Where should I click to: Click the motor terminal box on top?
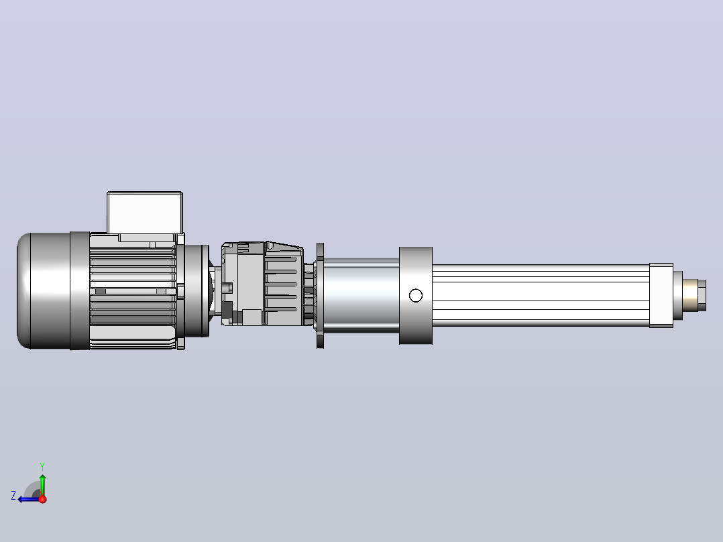145,212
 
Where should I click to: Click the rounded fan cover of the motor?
44,290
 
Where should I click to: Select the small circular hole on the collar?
415,295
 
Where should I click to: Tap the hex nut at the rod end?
702,295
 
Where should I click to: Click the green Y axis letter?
42,466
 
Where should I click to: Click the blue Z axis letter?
13,496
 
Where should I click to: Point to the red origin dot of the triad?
43,499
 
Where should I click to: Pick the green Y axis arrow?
42,485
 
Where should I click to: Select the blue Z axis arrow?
29,499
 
